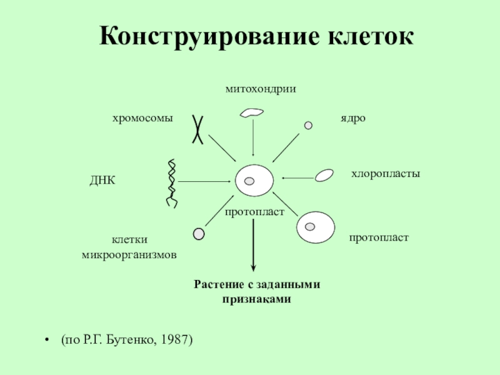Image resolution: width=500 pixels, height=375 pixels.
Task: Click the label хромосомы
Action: click(142, 118)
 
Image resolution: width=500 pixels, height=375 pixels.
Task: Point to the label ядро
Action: click(352, 118)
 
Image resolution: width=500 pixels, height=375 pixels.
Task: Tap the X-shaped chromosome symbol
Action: click(198, 130)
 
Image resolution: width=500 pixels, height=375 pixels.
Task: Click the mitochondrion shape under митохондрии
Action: click(252, 112)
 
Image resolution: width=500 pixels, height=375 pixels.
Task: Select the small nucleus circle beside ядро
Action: click(308, 125)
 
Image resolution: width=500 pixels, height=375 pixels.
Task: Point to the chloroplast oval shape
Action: click(324, 175)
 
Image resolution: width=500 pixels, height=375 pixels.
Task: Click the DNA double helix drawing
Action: click(171, 183)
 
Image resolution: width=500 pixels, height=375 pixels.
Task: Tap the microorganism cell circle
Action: click(199, 234)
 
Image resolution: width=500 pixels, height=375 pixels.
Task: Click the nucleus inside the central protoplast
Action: click(249, 181)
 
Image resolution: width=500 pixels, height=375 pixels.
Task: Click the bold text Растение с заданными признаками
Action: click(257, 292)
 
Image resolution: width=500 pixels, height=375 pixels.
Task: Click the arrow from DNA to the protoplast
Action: click(206, 181)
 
